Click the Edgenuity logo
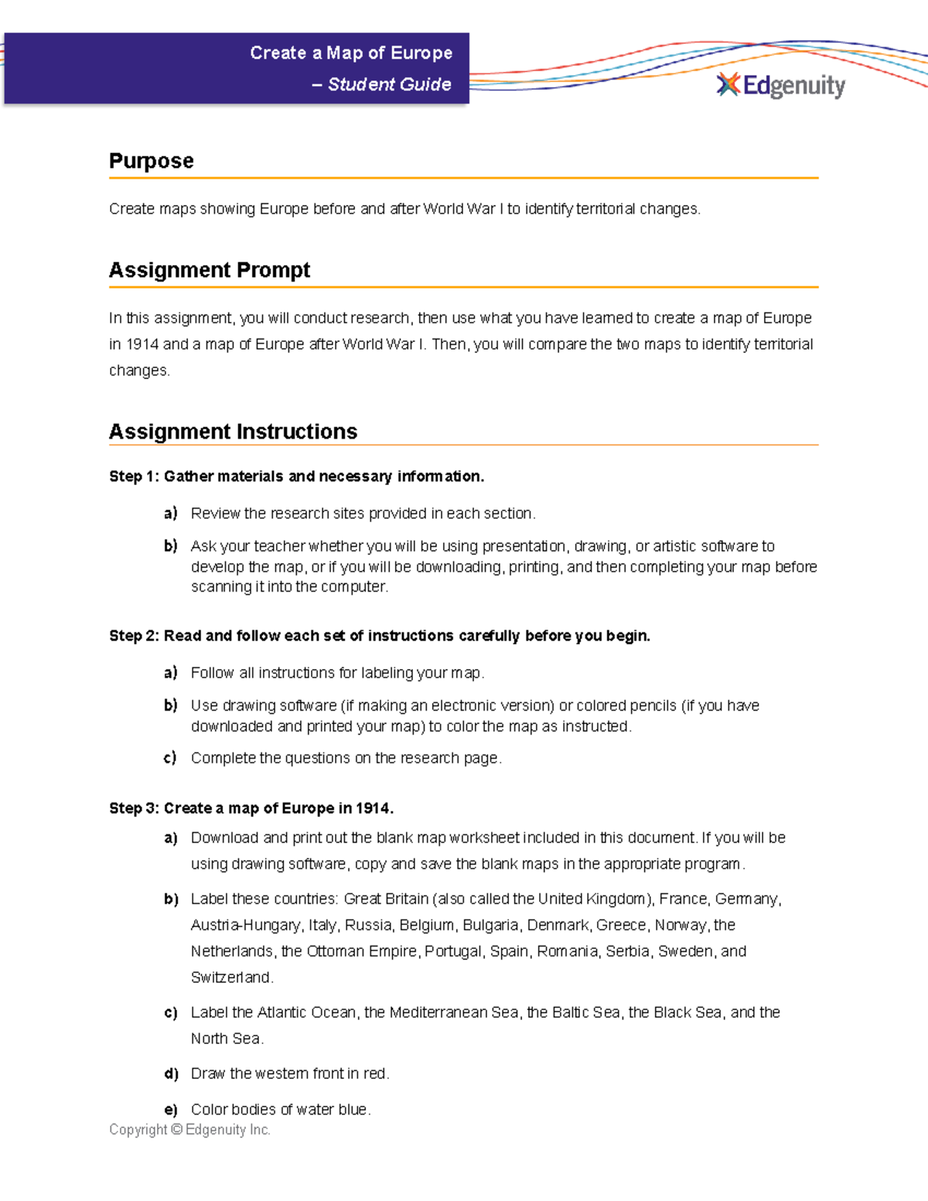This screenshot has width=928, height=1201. [781, 85]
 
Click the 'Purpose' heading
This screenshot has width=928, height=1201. [152, 161]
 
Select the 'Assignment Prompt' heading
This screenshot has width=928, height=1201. [209, 270]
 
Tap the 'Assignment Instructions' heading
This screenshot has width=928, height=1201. [233, 432]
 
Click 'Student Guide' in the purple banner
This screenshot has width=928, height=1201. [389, 84]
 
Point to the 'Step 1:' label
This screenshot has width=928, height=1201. [134, 476]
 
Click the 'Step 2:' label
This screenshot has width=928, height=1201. [134, 636]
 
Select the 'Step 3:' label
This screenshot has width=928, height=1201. [134, 808]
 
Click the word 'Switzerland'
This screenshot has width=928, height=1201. [231, 978]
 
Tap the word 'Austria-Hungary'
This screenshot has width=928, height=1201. [245, 925]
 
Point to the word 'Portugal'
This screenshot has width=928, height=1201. [453, 951]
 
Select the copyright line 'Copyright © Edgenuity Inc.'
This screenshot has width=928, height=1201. [189, 1130]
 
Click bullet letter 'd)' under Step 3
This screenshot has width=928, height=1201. [171, 1073]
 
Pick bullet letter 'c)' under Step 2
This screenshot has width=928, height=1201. [170, 758]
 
